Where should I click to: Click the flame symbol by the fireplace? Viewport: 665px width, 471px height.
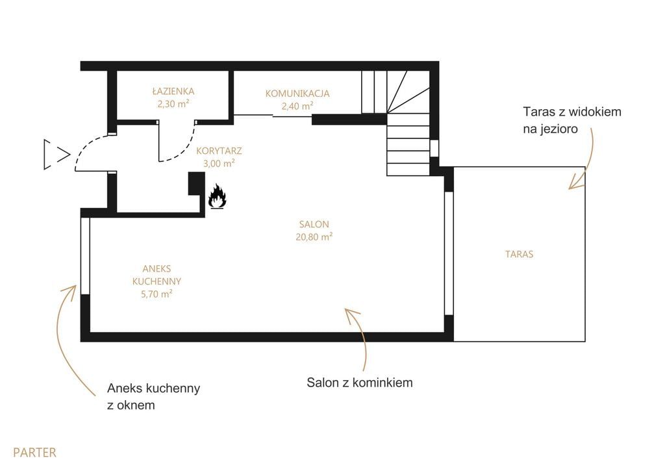pyautogui.click(x=217, y=196)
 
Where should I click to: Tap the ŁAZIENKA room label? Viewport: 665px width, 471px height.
pyautogui.click(x=173, y=91)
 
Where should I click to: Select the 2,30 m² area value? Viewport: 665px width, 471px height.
pyautogui.click(x=173, y=103)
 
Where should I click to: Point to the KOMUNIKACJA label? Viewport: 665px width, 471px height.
pyautogui.click(x=297, y=94)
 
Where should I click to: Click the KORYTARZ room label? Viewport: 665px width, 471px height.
pyautogui.click(x=219, y=151)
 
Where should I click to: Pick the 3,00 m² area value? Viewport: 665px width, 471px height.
pyautogui.click(x=219, y=163)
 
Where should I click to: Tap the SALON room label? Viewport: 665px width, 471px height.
pyautogui.click(x=314, y=224)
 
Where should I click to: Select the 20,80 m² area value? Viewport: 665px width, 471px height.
pyautogui.click(x=314, y=236)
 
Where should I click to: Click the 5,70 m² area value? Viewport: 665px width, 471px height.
pyautogui.click(x=157, y=294)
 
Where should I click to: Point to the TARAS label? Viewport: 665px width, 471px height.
pyautogui.click(x=519, y=254)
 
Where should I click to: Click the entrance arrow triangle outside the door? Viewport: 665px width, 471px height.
pyautogui.click(x=56, y=155)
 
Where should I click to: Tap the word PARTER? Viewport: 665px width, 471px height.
pyautogui.click(x=35, y=452)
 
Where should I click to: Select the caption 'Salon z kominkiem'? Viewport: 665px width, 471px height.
pyautogui.click(x=360, y=382)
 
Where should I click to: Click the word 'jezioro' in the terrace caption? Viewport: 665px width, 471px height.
pyautogui.click(x=557, y=129)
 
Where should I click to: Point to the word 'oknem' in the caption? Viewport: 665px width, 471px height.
pyautogui.click(x=137, y=405)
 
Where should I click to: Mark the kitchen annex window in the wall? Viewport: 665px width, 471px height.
pyautogui.click(x=85, y=255)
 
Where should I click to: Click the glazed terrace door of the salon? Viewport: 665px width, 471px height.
pyautogui.click(x=449, y=253)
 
